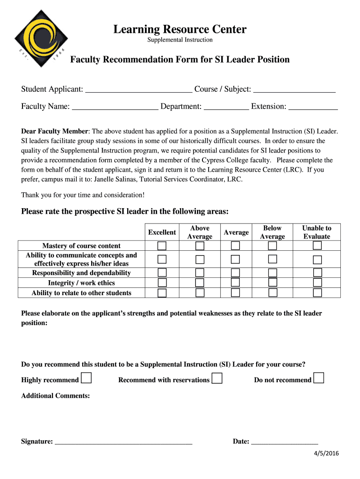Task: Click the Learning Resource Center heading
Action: pyautogui.click(x=180, y=29)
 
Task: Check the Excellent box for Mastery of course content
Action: pyautogui.click(x=162, y=246)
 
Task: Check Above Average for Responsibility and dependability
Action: pyautogui.click(x=200, y=273)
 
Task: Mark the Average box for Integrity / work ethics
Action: pyautogui.click(x=236, y=283)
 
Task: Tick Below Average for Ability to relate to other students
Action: pyautogui.click(x=273, y=293)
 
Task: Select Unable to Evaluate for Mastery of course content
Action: pyautogui.click(x=317, y=246)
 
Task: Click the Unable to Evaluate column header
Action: pyautogui.click(x=317, y=232)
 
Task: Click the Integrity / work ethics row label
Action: pyautogui.click(x=81, y=283)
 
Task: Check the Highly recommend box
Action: pyautogui.click(x=86, y=378)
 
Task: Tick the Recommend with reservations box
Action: pyautogui.click(x=217, y=378)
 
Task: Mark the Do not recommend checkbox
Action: pyautogui.click(x=319, y=378)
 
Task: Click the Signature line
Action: pyautogui.click(x=123, y=441)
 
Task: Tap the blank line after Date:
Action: pyautogui.click(x=284, y=441)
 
